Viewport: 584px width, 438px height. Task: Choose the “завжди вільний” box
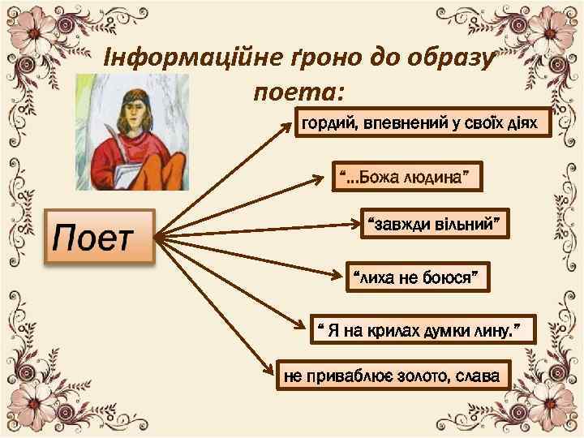[434, 223]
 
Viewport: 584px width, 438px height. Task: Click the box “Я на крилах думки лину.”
[425, 328]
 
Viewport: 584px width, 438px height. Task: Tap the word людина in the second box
[430, 176]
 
